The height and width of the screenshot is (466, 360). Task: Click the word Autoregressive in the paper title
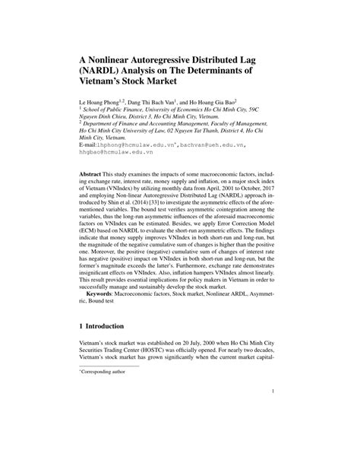click(171, 55)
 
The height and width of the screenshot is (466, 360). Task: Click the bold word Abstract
click(91, 173)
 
